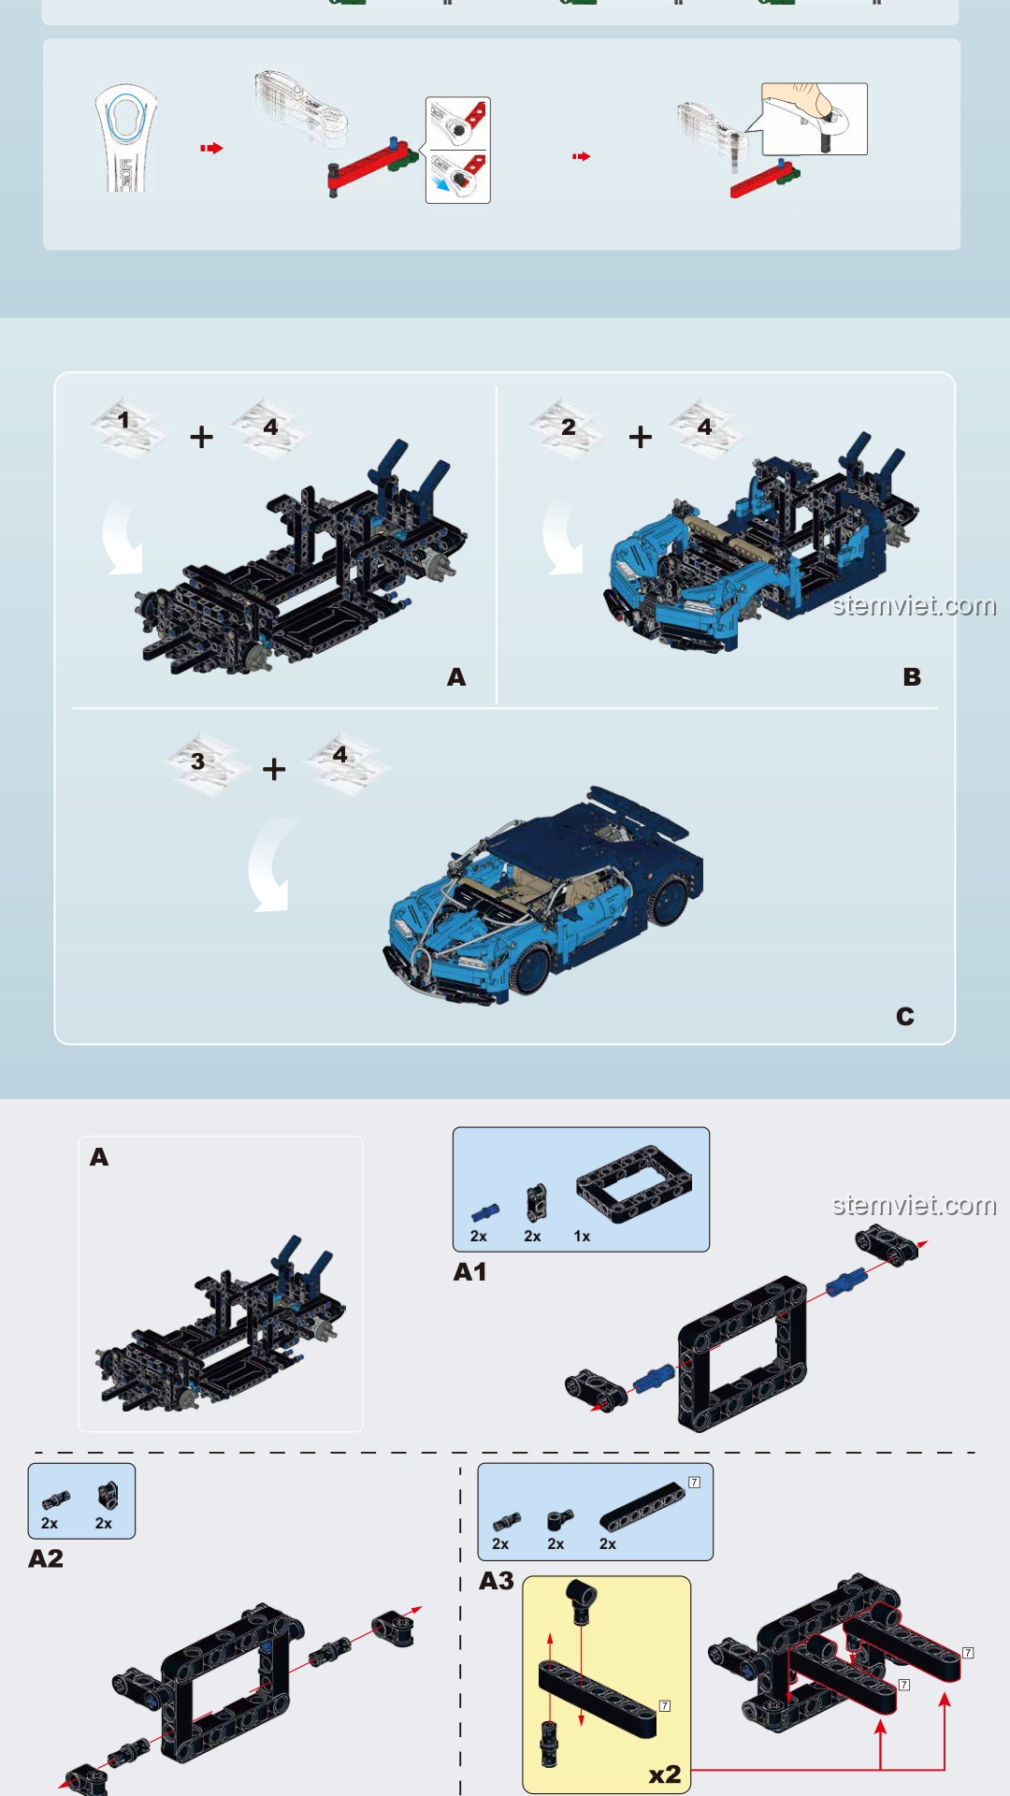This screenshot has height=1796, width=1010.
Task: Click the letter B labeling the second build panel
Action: tap(912, 676)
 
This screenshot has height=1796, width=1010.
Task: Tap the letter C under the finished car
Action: tap(904, 1016)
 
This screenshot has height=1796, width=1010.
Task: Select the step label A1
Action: tap(469, 1272)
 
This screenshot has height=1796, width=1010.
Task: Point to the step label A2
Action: tap(46, 1558)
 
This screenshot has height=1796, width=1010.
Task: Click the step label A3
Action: tap(497, 1581)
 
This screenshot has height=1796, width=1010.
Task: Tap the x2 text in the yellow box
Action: tap(665, 1774)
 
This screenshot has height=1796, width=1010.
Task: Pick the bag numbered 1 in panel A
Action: tap(128, 427)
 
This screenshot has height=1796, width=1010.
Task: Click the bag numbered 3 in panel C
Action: tap(202, 763)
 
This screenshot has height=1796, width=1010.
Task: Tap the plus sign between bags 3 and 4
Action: tap(274, 769)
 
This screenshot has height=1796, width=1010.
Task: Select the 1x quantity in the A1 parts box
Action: tap(582, 1237)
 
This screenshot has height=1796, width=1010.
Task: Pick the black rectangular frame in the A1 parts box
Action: tap(634, 1184)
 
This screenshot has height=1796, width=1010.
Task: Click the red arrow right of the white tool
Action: tap(211, 148)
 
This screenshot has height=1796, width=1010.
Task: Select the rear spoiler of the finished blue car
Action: tap(639, 810)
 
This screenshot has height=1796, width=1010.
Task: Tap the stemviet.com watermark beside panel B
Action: tap(914, 605)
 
